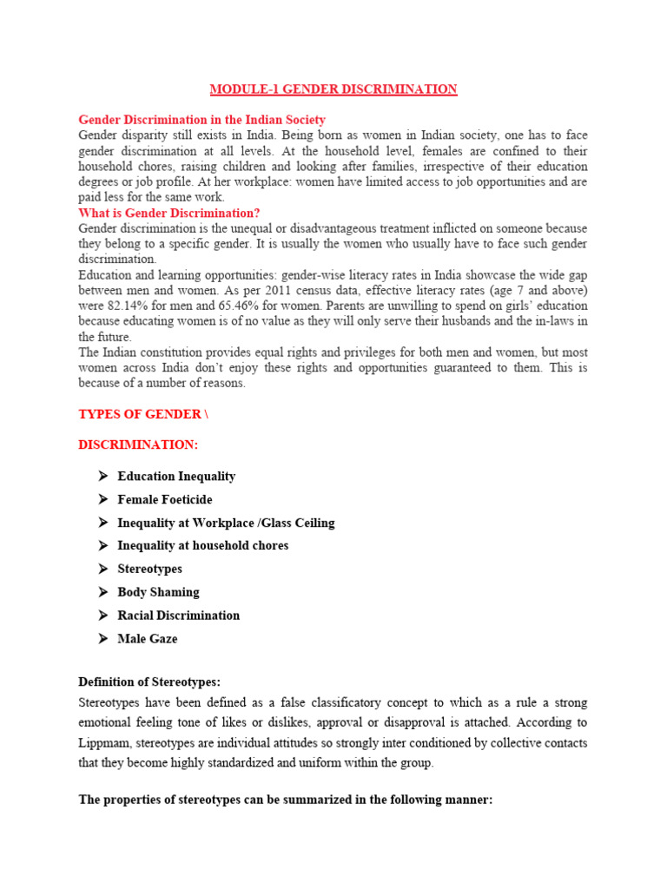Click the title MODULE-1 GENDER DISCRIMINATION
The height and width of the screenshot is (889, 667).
click(333, 89)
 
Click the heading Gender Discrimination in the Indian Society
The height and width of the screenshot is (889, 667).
click(202, 120)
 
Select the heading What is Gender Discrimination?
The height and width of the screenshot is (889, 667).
click(169, 213)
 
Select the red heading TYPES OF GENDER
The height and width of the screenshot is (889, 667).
click(139, 415)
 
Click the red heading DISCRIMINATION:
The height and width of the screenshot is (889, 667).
click(138, 444)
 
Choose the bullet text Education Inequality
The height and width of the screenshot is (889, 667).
click(176, 477)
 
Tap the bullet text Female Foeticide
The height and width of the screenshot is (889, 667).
click(165, 500)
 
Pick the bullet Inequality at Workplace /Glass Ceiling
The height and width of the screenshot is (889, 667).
click(226, 523)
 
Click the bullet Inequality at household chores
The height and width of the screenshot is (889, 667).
click(203, 546)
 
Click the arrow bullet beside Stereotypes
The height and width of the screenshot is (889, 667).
click(102, 570)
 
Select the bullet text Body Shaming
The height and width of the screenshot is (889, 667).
click(159, 592)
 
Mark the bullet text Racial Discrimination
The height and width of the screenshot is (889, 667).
click(179, 616)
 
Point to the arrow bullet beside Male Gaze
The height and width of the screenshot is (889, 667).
click(102, 639)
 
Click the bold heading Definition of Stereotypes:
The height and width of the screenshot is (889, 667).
click(155, 682)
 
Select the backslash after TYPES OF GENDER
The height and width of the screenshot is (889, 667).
click(206, 415)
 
